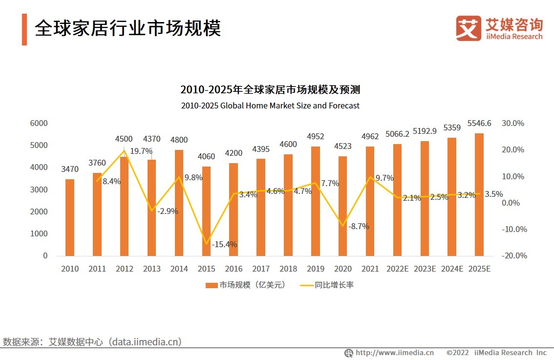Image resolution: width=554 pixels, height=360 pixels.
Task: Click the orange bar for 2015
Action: pyautogui.click(x=206, y=211)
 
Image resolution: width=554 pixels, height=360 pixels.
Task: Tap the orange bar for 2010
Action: pyautogui.click(x=70, y=217)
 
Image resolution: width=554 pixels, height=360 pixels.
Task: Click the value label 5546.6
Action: pyautogui.click(x=479, y=124)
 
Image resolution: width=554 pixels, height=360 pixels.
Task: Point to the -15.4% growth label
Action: pyautogui.click(x=224, y=244)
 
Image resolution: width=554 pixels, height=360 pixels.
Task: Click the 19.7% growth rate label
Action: pyautogui.click(x=141, y=151)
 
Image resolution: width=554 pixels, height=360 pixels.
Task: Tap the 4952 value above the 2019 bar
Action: pyautogui.click(x=315, y=136)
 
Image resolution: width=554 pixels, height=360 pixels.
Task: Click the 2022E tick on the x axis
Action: pyautogui.click(x=397, y=269)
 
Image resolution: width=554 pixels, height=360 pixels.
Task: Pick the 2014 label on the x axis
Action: pyautogui.click(x=179, y=269)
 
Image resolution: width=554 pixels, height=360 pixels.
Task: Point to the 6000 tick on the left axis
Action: pyautogui.click(x=39, y=123)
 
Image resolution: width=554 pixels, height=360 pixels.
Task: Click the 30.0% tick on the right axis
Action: pyautogui.click(x=513, y=123)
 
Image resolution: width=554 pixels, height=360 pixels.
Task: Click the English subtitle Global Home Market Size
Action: pyautogui.click(x=270, y=106)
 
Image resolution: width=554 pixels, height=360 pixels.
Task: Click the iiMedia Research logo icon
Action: pyautogui.click(x=469, y=28)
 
